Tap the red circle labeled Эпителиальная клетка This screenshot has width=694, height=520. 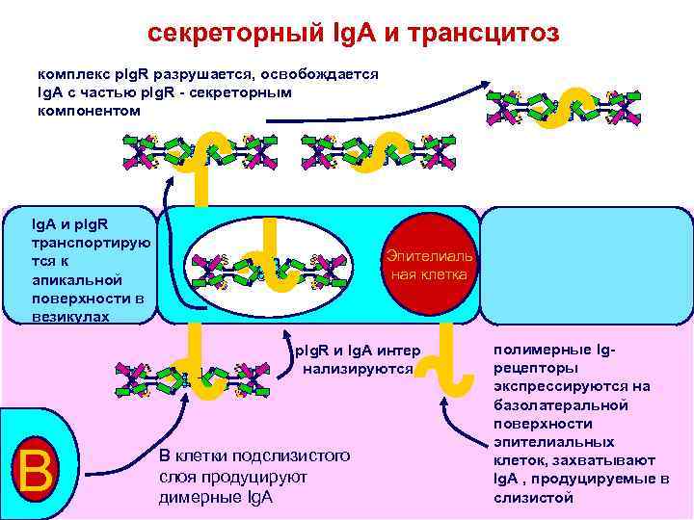[x=427, y=266]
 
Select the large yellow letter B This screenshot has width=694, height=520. [x=35, y=470]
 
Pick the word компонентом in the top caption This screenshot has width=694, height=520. [x=89, y=111]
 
